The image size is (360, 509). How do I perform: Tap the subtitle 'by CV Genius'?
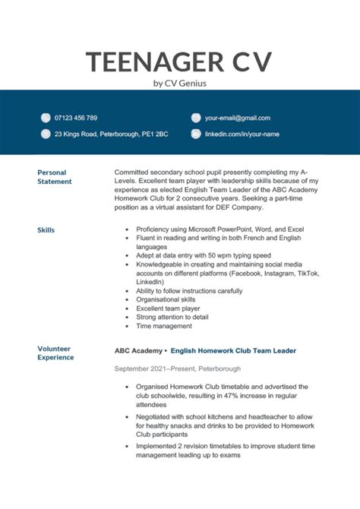click(180, 83)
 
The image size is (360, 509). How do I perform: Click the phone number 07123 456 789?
click(76, 118)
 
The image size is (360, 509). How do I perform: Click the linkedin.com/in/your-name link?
click(242, 134)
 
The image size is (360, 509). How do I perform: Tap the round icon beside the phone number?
click(44, 118)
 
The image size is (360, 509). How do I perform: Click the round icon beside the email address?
click(196, 118)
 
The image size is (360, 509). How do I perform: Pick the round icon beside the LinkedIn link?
click(196, 134)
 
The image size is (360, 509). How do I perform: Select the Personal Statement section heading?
click(55, 177)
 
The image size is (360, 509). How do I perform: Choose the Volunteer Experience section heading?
click(55, 353)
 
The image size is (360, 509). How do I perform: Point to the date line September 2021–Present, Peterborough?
click(178, 368)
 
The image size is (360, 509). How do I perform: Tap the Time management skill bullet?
click(164, 326)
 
